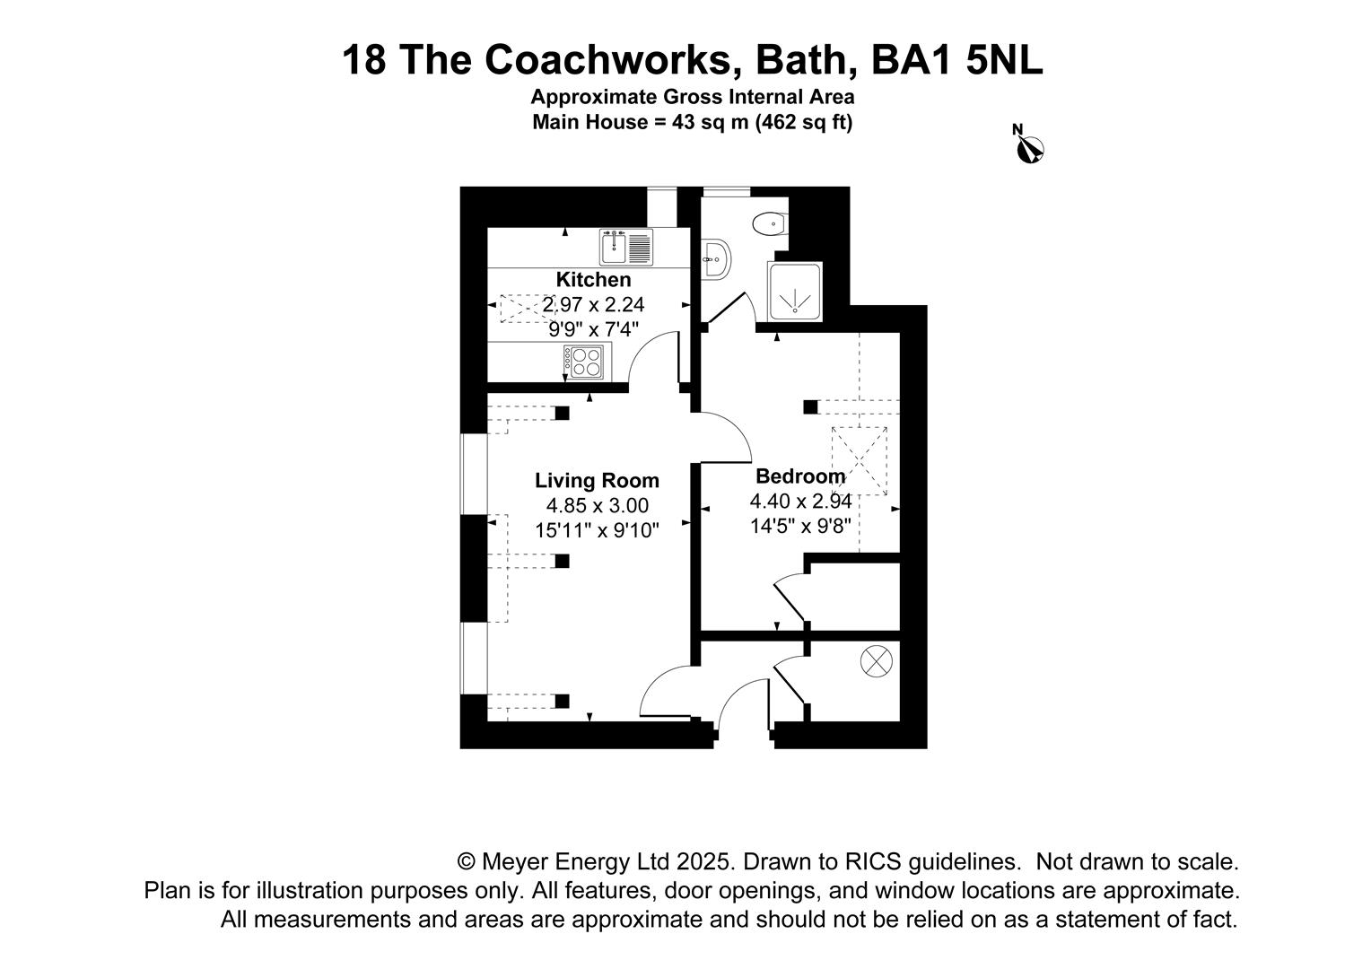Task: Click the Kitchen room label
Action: pyautogui.click(x=593, y=280)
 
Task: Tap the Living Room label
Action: pyautogui.click(x=597, y=481)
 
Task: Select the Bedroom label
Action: pyautogui.click(x=800, y=476)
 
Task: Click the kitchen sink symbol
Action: pyautogui.click(x=626, y=247)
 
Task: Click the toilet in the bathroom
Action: pyautogui.click(x=770, y=224)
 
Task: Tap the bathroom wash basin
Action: pyautogui.click(x=715, y=259)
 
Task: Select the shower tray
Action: pyautogui.click(x=795, y=292)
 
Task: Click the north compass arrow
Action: pyautogui.click(x=1029, y=147)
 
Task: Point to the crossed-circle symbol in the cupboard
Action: pyautogui.click(x=876, y=661)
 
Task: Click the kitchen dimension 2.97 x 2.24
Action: pyautogui.click(x=593, y=304)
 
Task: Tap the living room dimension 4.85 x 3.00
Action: pyautogui.click(x=597, y=506)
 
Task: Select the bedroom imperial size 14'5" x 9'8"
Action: pyautogui.click(x=800, y=526)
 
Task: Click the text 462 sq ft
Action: pyautogui.click(x=803, y=122)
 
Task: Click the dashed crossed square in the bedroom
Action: pyautogui.click(x=860, y=461)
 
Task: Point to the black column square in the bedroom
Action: pyautogui.click(x=810, y=407)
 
